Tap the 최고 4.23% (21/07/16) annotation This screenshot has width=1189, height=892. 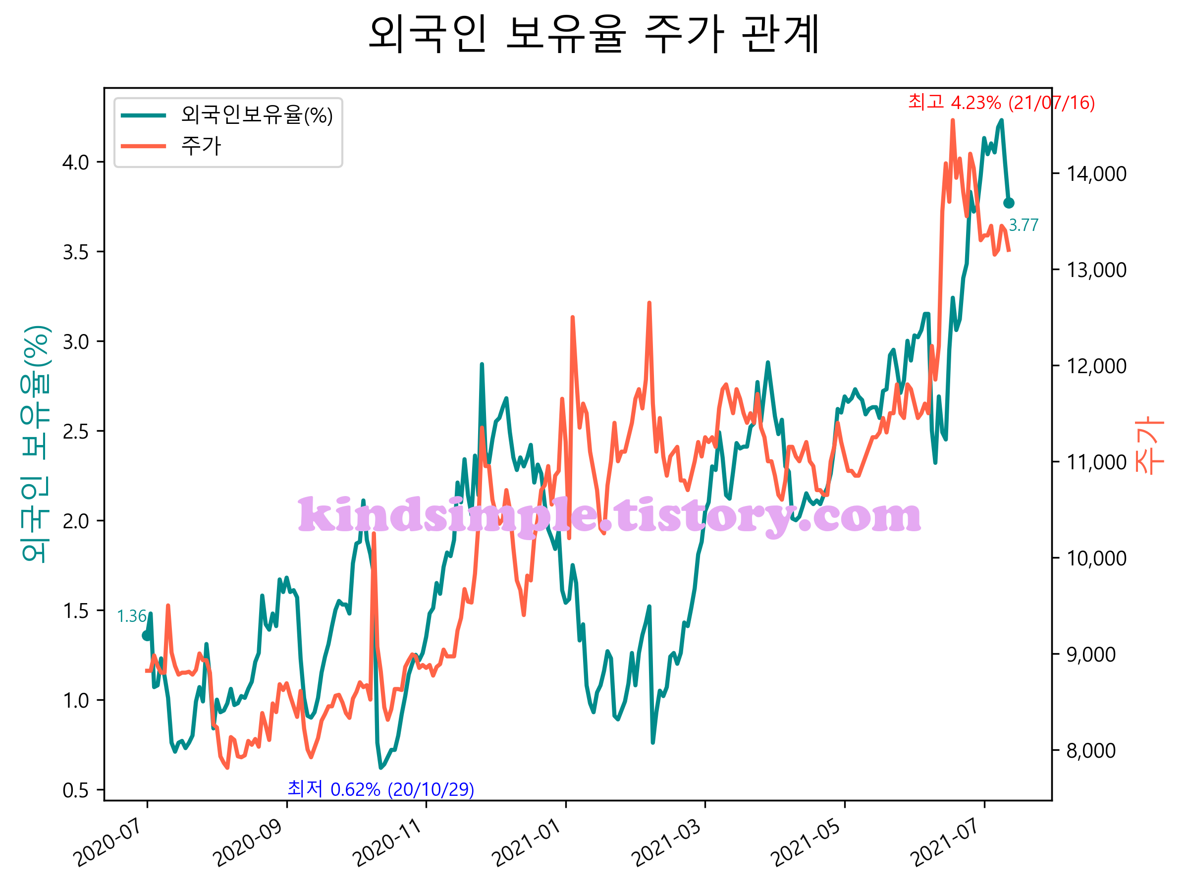[x=1001, y=102]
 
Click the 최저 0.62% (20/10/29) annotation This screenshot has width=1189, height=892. [x=380, y=789]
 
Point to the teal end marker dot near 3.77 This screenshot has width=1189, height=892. [x=1008, y=203]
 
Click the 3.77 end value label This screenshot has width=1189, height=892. [x=1024, y=225]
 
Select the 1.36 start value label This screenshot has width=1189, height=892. [x=132, y=616]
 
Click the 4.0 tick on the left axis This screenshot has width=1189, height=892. [x=76, y=163]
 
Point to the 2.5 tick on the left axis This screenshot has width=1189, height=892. [x=76, y=432]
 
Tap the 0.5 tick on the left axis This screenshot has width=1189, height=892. [x=76, y=790]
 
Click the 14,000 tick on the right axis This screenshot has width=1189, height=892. [x=1096, y=173]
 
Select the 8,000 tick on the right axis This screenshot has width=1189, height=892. [x=1091, y=750]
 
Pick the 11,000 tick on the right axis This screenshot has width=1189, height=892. [x=1096, y=462]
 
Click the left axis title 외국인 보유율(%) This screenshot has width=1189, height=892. [x=36, y=444]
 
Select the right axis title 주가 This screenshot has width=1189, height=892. [x=1149, y=445]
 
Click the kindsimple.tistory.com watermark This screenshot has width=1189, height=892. [x=609, y=517]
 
